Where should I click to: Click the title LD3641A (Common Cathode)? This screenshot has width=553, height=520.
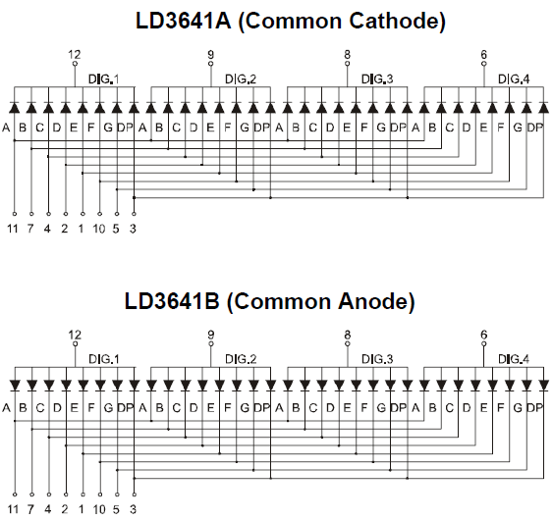tap(291, 21)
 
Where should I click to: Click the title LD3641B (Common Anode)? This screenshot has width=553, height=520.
tap(270, 301)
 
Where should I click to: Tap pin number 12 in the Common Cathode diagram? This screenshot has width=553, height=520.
tap(75, 55)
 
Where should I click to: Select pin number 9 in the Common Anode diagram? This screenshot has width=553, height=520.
tap(210, 335)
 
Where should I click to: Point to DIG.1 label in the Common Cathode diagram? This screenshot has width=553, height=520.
tap(104, 78)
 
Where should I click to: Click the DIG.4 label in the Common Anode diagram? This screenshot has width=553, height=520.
tap(514, 359)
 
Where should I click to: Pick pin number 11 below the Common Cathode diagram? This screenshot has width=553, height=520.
tap(13, 229)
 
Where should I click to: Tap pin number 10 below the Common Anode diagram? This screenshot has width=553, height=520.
tap(99, 509)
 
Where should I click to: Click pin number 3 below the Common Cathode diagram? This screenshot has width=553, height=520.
tap(133, 229)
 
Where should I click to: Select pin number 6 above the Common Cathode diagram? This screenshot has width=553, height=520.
tap(483, 55)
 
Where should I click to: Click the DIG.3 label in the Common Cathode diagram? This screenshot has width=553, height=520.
tap(377, 78)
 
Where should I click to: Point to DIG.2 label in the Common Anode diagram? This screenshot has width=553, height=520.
tap(241, 359)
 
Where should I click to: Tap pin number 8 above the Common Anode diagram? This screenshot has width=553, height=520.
tap(347, 335)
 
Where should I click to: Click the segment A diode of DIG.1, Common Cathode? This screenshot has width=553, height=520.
tap(15, 108)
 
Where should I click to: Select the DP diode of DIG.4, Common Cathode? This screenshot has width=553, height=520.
tap(543, 108)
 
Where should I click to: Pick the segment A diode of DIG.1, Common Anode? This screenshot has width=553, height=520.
tap(15, 386)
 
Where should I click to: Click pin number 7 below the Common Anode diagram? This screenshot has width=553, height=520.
tap(30, 509)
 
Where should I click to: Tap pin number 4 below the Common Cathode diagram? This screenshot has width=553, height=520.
tap(47, 229)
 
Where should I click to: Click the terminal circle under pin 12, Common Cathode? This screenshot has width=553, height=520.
tap(75, 64)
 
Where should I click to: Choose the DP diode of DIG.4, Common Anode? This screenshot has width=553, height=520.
tap(543, 386)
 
